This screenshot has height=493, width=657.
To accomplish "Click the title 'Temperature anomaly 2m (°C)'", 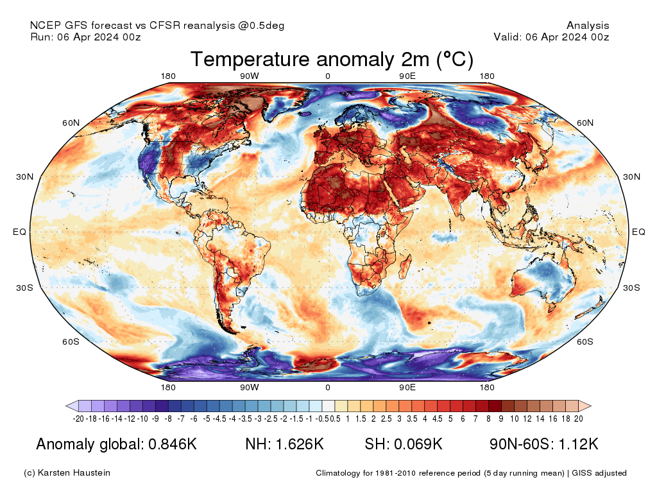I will (x=331, y=60).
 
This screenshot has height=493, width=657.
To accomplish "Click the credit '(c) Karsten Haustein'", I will (x=67, y=473).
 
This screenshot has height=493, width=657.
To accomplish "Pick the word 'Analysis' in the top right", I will (x=588, y=26).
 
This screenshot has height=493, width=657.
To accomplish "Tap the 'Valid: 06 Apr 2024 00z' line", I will (x=551, y=37).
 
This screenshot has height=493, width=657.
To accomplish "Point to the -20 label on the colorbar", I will (x=78, y=419).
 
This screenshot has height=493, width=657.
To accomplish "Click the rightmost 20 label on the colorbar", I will (x=578, y=419).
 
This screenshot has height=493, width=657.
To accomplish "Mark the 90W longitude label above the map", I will (x=249, y=76).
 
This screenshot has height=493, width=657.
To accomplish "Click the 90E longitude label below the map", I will (x=407, y=387).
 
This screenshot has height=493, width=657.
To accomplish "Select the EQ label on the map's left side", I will (x=20, y=232).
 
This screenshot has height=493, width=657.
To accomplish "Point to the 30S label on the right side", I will (x=632, y=288).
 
